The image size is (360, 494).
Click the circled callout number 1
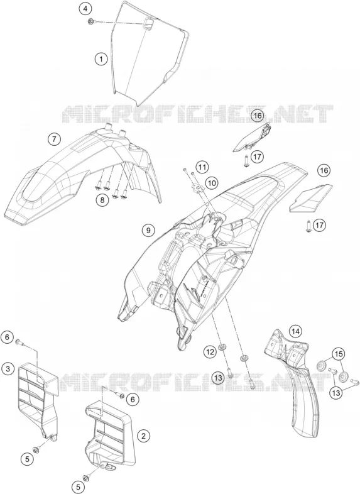[x=101, y=59]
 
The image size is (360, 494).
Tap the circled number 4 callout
[x=85, y=9]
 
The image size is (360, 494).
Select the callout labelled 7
[x=54, y=139]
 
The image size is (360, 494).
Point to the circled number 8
[x=102, y=199]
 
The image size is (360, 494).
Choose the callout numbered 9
[x=148, y=230]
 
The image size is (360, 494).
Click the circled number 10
[x=212, y=182]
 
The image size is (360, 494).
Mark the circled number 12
[x=210, y=351]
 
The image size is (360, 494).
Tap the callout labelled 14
[x=295, y=331]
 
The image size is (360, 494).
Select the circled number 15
[x=339, y=354]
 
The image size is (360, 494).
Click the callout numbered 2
[x=144, y=436]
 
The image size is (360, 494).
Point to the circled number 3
[x=8, y=368]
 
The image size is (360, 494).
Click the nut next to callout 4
[x=91, y=22]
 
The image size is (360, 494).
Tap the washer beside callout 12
[x=222, y=347]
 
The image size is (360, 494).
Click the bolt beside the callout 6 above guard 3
[x=19, y=341]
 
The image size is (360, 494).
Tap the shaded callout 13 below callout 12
[x=219, y=377]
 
